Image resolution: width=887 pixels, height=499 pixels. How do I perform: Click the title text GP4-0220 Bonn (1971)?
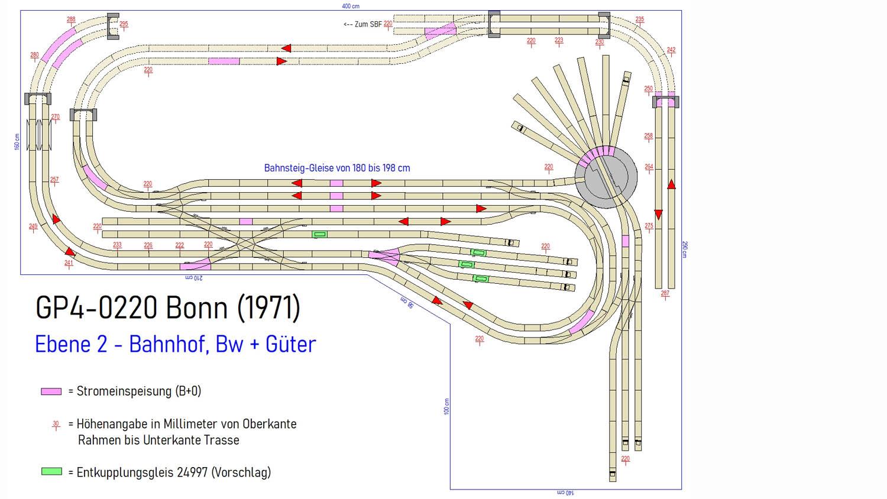(168, 307)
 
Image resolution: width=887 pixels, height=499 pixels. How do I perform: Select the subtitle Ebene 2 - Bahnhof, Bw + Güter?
(175, 344)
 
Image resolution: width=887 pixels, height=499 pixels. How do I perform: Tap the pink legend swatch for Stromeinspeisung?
(51, 391)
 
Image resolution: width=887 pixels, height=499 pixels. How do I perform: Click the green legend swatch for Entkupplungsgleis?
(51, 472)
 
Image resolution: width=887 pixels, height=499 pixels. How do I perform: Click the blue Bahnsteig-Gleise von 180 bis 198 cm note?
(337, 168)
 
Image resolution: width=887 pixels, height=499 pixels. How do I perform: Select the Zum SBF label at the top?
(362, 24)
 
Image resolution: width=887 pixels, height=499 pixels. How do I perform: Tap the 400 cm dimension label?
(351, 6)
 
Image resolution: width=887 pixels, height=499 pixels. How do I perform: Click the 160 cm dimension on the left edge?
(17, 142)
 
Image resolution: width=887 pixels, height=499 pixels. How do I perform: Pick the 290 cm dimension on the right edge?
(685, 249)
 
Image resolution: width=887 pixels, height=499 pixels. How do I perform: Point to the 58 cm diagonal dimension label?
(407, 302)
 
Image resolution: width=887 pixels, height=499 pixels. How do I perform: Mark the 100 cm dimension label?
(446, 406)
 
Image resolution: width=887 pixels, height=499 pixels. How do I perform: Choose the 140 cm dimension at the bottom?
(565, 492)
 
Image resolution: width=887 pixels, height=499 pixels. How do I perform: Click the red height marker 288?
(71, 20)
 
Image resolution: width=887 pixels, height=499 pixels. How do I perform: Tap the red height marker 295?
(124, 24)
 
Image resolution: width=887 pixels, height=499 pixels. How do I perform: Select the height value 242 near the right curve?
(671, 50)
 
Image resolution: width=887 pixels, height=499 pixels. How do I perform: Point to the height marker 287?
(665, 293)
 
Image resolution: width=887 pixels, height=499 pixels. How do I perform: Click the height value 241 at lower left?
(69, 263)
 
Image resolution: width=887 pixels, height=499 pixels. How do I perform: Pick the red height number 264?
(649, 167)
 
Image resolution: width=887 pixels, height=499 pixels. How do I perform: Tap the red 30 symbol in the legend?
(56, 424)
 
